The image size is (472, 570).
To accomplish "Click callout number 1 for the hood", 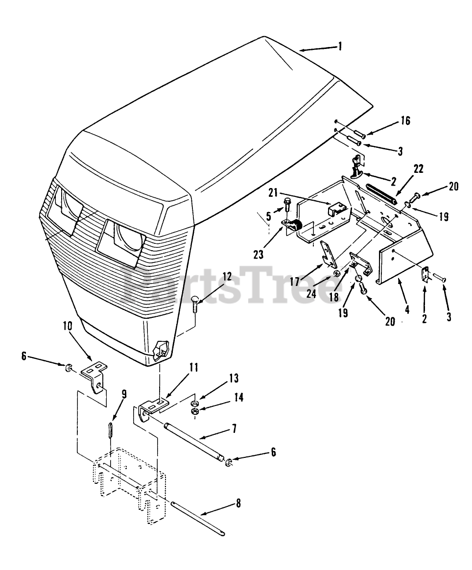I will click(340, 47).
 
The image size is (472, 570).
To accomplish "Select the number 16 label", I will click(405, 120).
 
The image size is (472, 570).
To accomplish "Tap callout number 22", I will click(418, 169).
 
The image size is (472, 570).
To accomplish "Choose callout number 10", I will click(67, 326).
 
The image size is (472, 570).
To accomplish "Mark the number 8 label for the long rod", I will click(238, 503).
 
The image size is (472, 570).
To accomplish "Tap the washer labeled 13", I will click(195, 404).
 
